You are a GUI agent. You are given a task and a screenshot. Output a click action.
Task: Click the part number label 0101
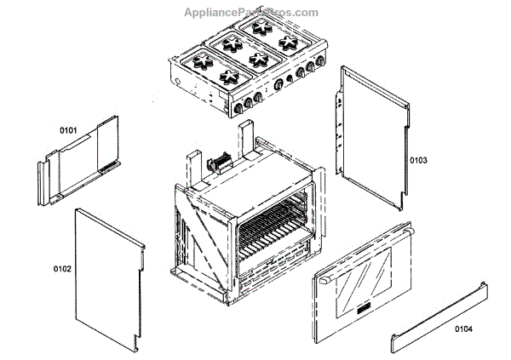[68, 130]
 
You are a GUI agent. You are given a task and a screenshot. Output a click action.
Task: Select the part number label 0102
[61, 269]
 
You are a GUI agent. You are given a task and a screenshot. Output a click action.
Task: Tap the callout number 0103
[418, 160]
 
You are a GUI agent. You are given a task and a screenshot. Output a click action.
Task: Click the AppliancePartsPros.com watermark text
[251, 13]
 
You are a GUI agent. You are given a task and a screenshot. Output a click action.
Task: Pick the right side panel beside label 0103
[371, 136]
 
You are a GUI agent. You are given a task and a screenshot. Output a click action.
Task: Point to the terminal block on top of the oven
[222, 160]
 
